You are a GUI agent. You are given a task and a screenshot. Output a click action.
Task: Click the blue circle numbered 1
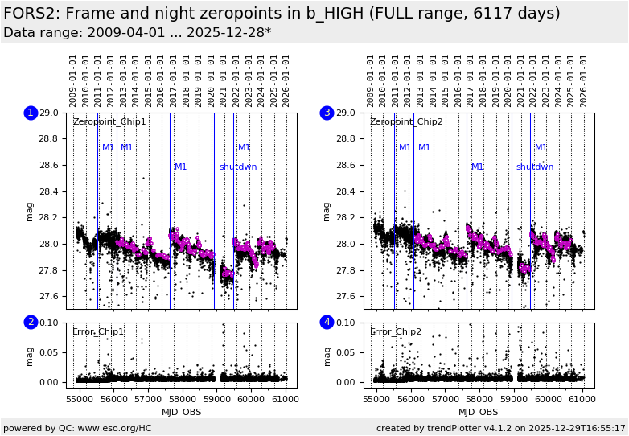pyautogui.click(x=31, y=113)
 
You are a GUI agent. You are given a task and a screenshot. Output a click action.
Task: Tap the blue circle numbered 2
pyautogui.click(x=31, y=322)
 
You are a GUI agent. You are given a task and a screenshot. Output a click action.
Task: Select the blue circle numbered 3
pyautogui.click(x=327, y=113)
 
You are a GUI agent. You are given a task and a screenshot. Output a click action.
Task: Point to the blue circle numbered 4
pyautogui.click(x=327, y=322)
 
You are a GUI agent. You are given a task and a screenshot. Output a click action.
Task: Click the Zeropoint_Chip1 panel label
pyautogui.click(x=109, y=122)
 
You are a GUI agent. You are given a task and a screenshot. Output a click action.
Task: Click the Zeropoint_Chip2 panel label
pyautogui.click(x=406, y=122)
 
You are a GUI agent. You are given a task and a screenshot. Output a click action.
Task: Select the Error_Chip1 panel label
pyautogui.click(x=98, y=331)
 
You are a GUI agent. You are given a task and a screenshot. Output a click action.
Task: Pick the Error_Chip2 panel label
pyautogui.click(x=396, y=331)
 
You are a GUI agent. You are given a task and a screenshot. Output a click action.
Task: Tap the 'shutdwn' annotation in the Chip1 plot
pyautogui.click(x=238, y=167)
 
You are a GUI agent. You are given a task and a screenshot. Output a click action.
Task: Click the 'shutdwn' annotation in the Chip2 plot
pyautogui.click(x=535, y=167)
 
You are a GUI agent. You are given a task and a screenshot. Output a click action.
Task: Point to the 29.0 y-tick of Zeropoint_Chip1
pyautogui.click(x=48, y=113)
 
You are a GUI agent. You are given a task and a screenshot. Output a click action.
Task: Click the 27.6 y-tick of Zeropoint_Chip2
pyautogui.click(x=346, y=296)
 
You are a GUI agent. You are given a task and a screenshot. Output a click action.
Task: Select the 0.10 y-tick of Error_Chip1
pyautogui.click(x=48, y=323)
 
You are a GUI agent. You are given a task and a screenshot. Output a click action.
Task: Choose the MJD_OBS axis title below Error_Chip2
pyautogui.click(x=479, y=412)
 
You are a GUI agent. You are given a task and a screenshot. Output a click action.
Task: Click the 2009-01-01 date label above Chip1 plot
pyautogui.click(x=73, y=80)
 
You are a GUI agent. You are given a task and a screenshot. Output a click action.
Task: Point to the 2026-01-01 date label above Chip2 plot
pyautogui.click(x=584, y=80)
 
